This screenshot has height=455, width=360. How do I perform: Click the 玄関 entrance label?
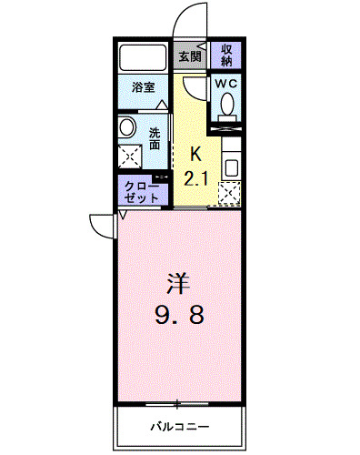click(189, 56)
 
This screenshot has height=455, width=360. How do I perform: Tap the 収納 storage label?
click(226, 56)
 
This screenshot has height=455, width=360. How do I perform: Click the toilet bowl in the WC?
click(226, 106)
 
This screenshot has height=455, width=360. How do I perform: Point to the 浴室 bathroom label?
click(143, 88)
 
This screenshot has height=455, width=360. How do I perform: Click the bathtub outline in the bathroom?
click(143, 58)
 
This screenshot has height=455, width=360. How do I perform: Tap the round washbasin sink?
click(128, 127)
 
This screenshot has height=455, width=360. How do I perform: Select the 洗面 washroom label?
click(155, 137)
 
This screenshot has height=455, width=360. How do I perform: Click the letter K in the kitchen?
click(195, 156)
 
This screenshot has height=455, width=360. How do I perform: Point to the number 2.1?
click(196, 177)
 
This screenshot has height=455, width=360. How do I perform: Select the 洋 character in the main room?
click(178, 282)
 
